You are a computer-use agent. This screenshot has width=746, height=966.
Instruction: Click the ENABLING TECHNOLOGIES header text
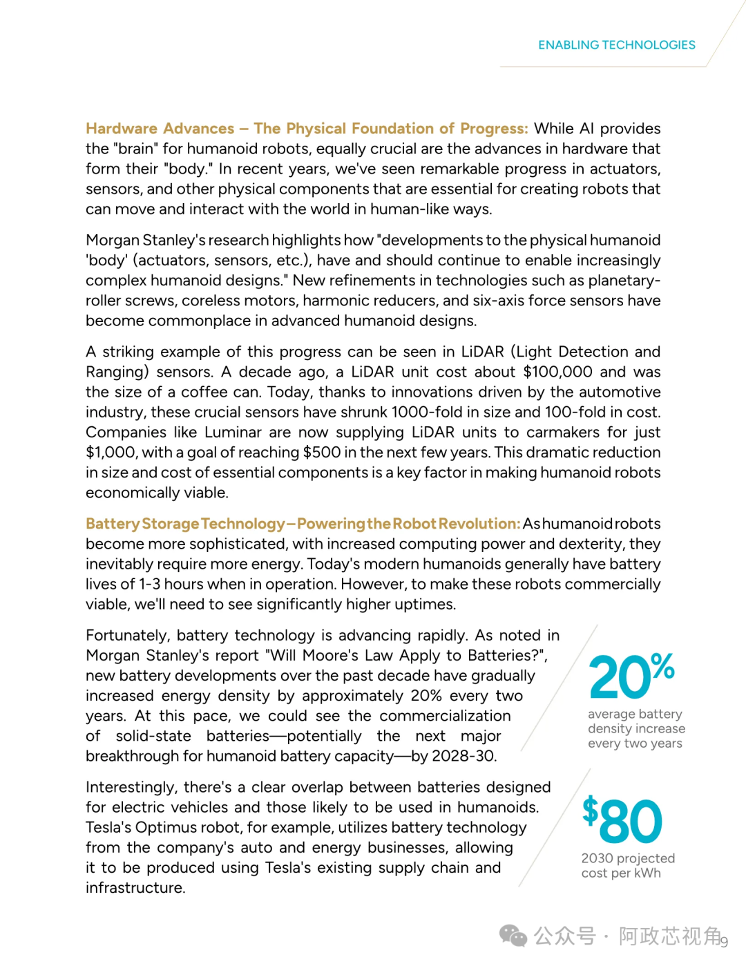tap(617, 45)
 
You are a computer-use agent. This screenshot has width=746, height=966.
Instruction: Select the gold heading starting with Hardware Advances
tap(307, 129)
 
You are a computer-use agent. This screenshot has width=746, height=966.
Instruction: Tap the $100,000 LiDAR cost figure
tap(557, 372)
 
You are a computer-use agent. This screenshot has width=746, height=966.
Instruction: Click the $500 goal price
tap(322, 453)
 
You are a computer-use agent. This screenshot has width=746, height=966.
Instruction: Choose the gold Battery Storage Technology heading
tap(303, 524)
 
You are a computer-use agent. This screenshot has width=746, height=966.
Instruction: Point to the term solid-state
tap(153, 736)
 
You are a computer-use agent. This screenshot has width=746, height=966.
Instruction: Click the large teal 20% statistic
tap(631, 675)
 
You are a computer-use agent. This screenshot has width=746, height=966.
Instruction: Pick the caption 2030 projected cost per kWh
tap(628, 865)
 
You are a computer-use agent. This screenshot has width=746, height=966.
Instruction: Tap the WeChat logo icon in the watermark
tap(513, 936)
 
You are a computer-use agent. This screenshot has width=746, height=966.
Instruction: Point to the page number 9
tap(725, 941)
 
